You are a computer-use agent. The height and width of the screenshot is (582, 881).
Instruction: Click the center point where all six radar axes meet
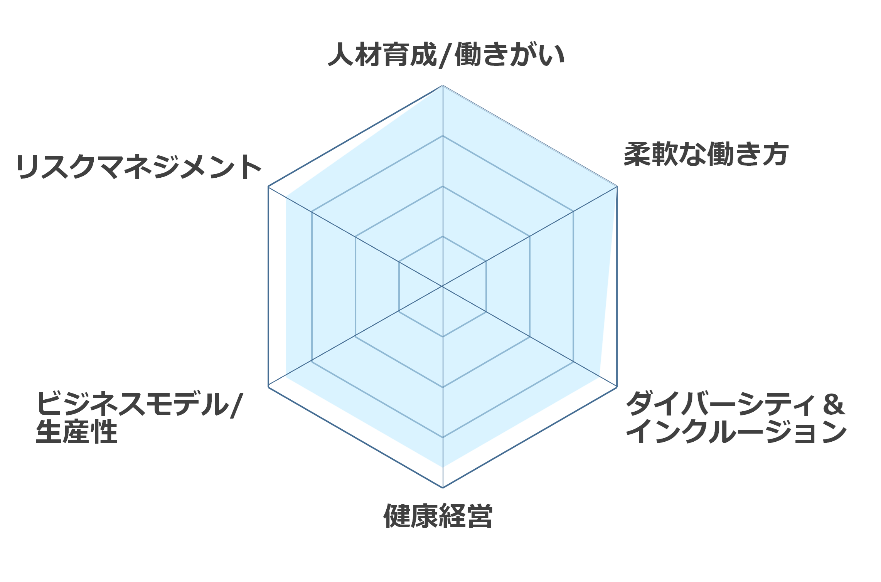click(x=443, y=286)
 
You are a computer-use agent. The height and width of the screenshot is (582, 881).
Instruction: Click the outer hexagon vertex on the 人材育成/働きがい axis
click(x=443, y=85)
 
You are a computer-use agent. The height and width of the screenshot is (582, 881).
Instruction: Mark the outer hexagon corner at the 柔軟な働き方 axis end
click(x=617, y=187)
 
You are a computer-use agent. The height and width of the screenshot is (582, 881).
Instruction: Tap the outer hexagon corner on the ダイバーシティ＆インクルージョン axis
click(x=617, y=387)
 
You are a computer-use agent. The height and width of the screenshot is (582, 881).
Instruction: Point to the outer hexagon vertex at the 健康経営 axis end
click(x=443, y=488)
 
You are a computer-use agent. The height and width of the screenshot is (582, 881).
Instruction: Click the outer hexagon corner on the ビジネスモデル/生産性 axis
click(x=268, y=387)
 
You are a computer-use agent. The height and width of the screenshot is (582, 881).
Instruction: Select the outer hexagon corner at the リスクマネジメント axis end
click(x=268, y=187)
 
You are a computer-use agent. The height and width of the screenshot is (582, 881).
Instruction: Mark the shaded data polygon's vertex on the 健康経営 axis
click(x=443, y=467)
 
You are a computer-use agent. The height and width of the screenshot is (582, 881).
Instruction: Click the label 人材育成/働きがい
click(x=446, y=55)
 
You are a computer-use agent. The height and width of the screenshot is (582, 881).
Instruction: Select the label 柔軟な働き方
click(x=706, y=154)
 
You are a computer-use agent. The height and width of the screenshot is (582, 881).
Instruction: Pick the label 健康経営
click(x=438, y=516)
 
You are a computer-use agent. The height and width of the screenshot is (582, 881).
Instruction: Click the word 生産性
click(x=76, y=432)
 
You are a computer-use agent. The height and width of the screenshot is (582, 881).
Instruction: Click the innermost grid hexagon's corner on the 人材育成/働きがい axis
click(x=443, y=236)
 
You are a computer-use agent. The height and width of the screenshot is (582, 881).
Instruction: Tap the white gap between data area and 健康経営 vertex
click(x=443, y=477)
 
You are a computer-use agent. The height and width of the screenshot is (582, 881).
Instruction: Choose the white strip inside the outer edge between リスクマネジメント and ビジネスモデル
click(x=277, y=286)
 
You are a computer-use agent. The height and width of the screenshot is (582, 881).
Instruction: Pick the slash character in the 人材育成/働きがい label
click(x=446, y=55)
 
